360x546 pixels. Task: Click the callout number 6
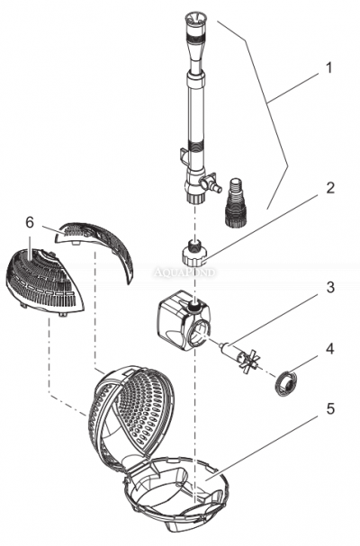click(x=30, y=221)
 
